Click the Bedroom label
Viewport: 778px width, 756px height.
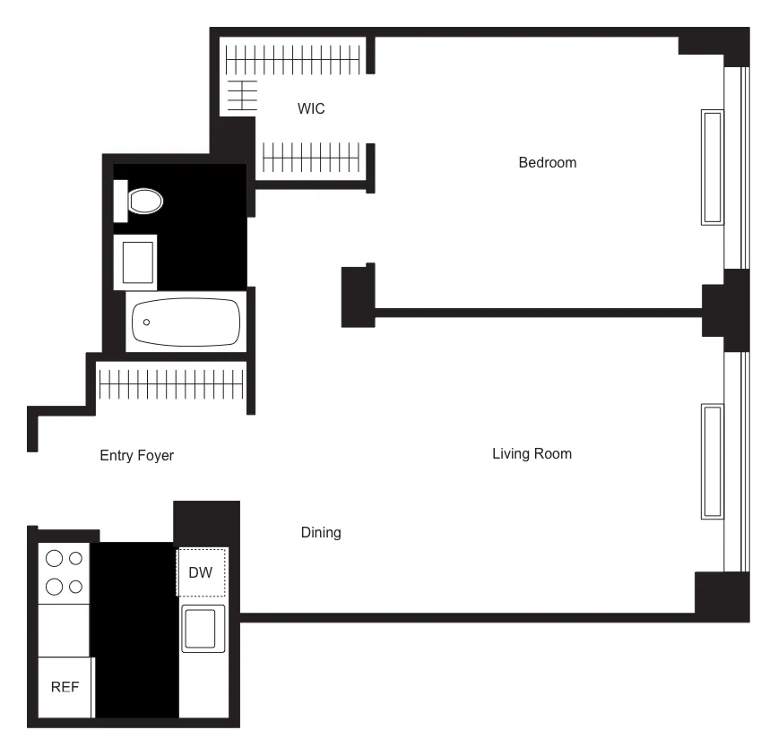547,163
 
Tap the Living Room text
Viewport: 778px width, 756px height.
532,454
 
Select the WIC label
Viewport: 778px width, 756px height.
311,109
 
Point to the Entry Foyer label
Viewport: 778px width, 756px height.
136,456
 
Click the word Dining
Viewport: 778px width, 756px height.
320,533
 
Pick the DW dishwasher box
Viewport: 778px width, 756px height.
201,572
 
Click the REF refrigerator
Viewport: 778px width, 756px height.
65,687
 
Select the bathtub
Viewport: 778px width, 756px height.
186,323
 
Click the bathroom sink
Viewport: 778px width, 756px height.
135,262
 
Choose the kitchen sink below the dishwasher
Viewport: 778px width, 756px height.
203,628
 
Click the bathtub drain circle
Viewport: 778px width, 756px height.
147,322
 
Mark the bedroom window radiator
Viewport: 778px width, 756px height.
712,168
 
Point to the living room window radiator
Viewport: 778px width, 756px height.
712,461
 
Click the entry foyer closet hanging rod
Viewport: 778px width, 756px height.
170,386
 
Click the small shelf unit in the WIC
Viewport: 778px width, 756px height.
240,95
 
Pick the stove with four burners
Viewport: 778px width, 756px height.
64,573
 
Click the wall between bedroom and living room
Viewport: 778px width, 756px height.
538,313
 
